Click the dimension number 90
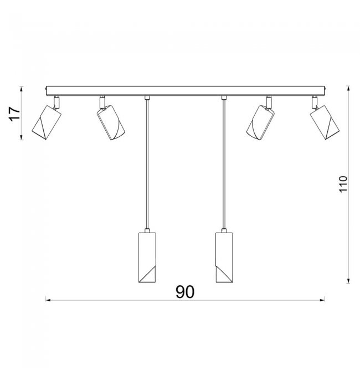tap(185, 292)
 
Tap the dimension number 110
tap(343, 184)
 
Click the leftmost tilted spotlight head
tap(47, 122)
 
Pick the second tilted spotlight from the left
tap(111, 122)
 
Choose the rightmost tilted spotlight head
tap(325, 122)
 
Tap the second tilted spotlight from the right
tap(260, 122)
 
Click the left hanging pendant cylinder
tap(147, 258)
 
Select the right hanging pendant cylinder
tap(224, 258)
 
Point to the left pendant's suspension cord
tap(147, 164)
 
